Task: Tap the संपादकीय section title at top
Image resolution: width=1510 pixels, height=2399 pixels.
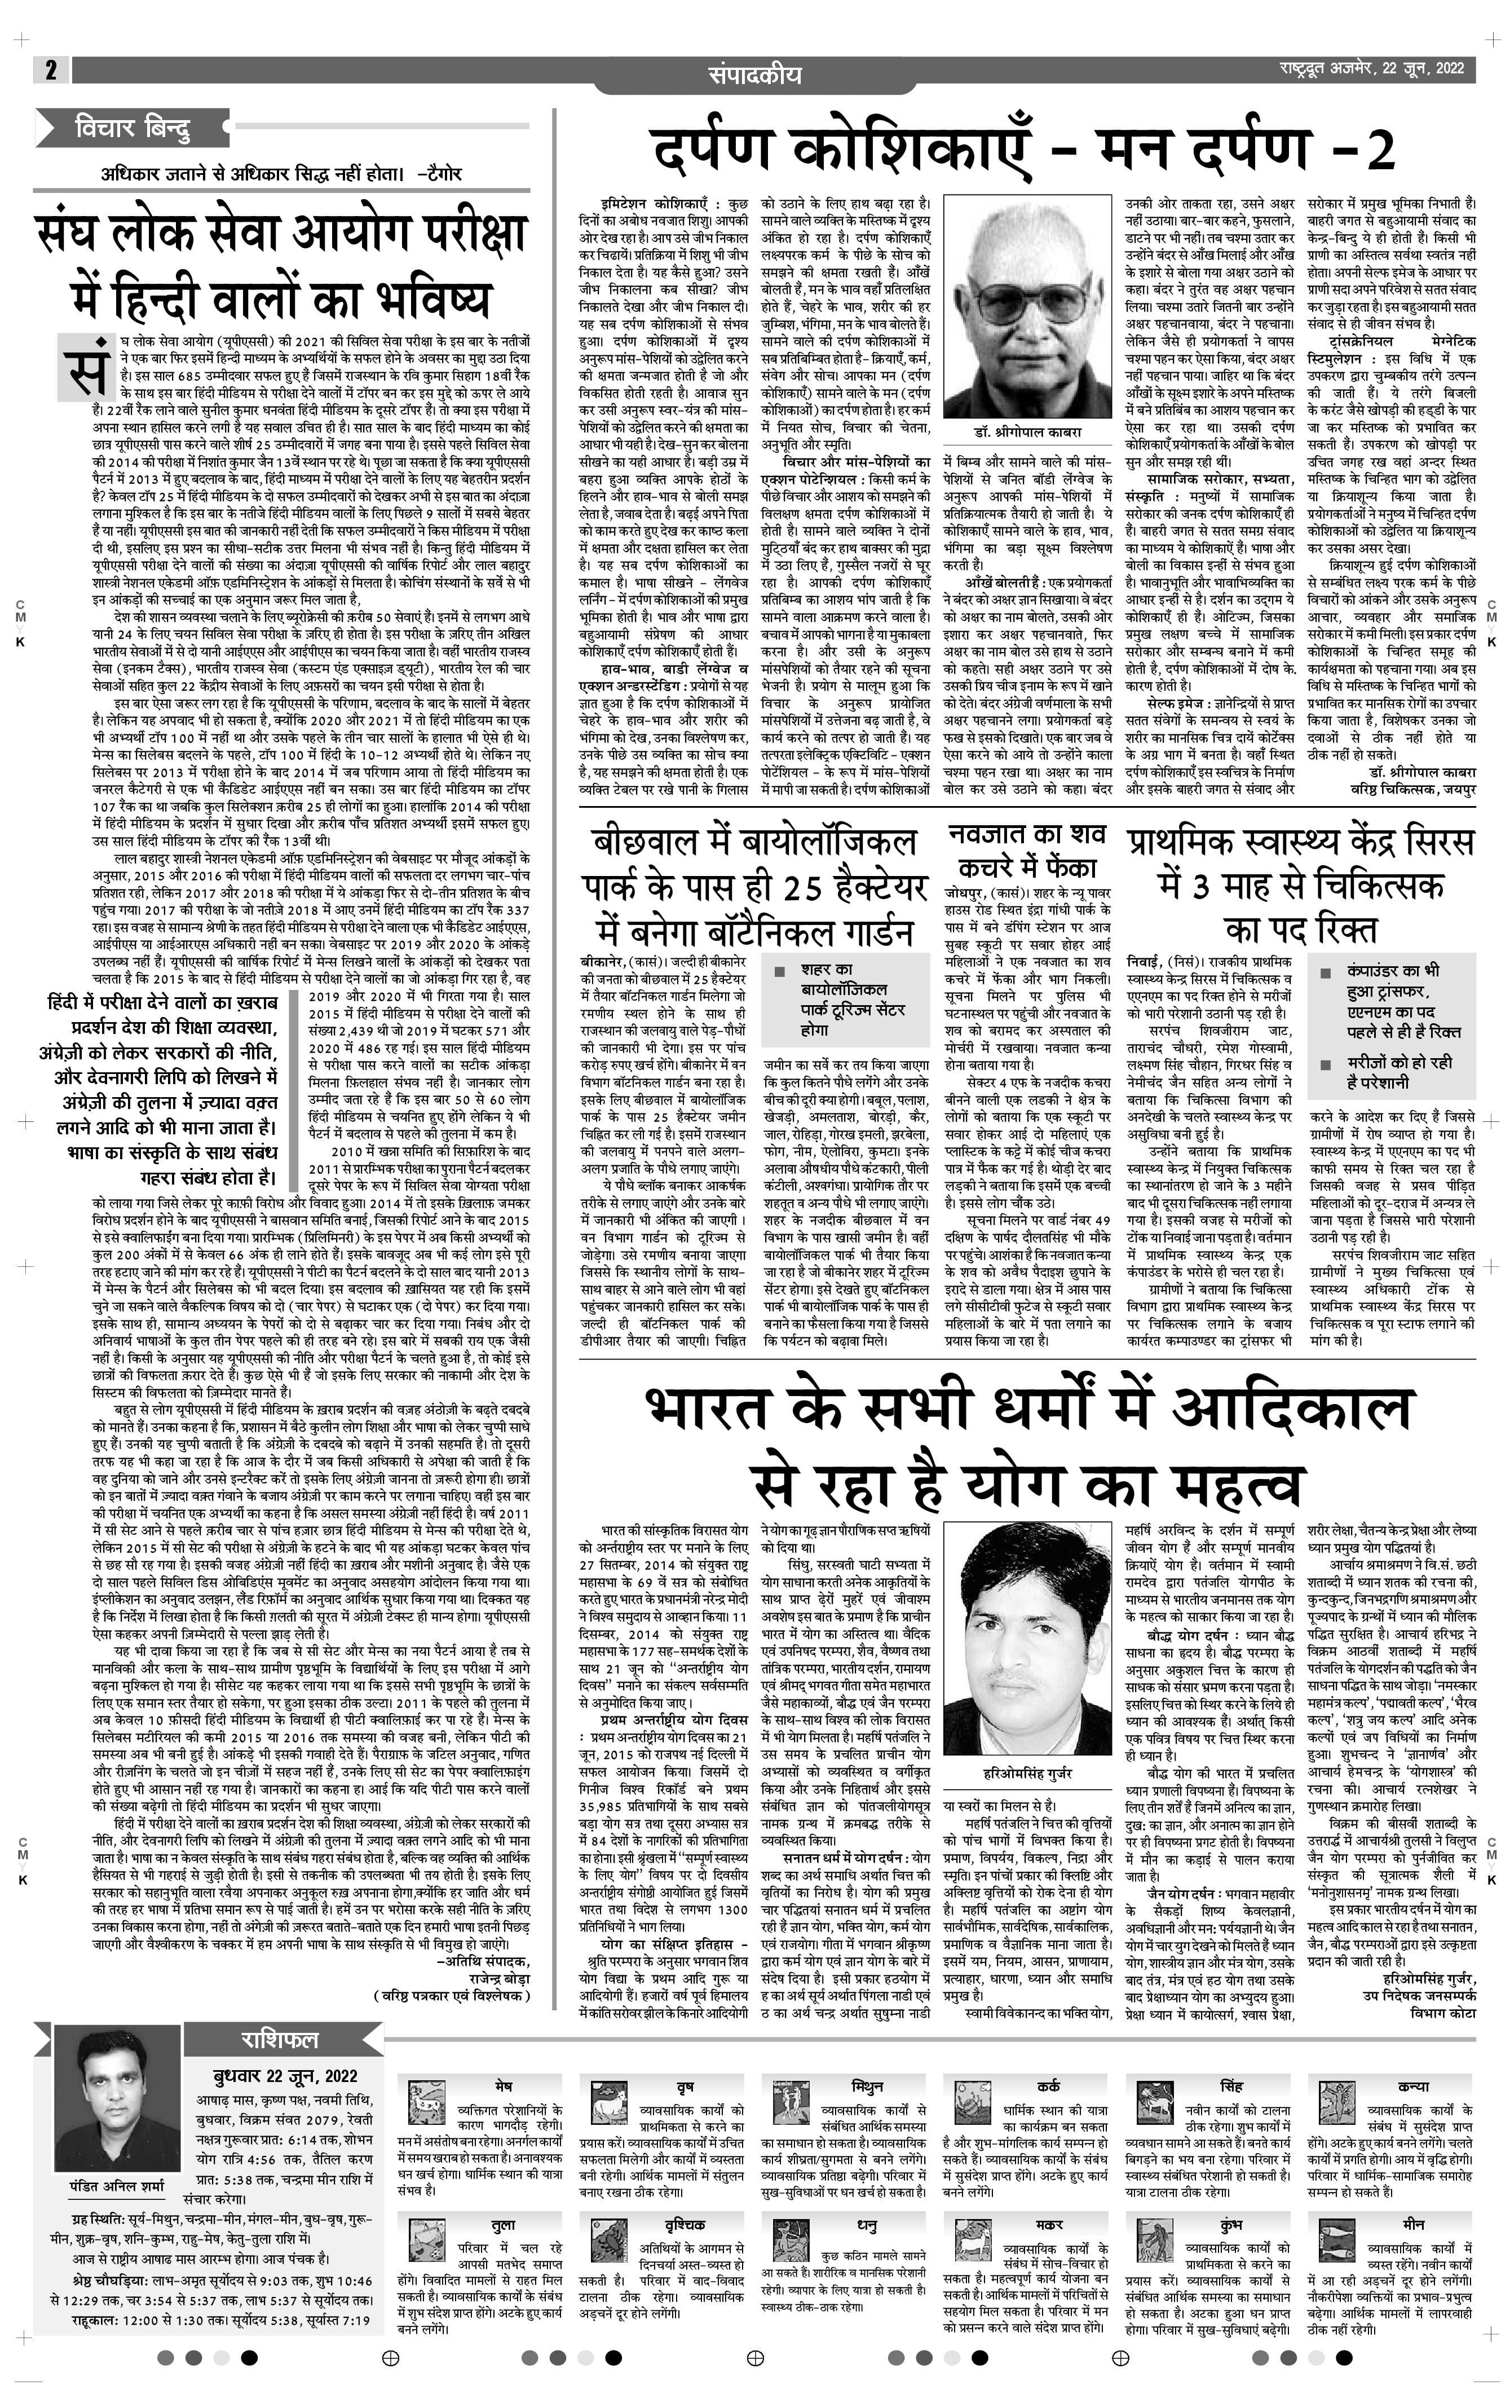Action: coord(755,74)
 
